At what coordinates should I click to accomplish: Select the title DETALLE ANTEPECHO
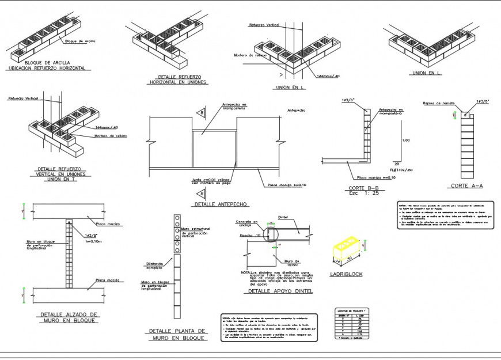pos(221,204)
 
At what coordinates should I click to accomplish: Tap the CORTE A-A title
pos(466,185)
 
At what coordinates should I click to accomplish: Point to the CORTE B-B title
pos(363,188)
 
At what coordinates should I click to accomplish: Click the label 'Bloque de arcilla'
pos(80,41)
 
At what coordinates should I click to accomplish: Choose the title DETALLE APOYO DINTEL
pos(280,291)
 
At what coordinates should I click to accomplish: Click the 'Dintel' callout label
pos(283,217)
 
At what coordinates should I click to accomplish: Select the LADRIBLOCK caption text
pos(346,274)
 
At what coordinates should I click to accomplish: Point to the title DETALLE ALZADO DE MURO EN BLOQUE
pos(70,317)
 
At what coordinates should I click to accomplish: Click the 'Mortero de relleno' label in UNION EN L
pos(249,55)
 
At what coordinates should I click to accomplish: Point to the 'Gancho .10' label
pos(249,236)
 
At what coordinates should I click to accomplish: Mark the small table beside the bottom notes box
pos(351,324)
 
